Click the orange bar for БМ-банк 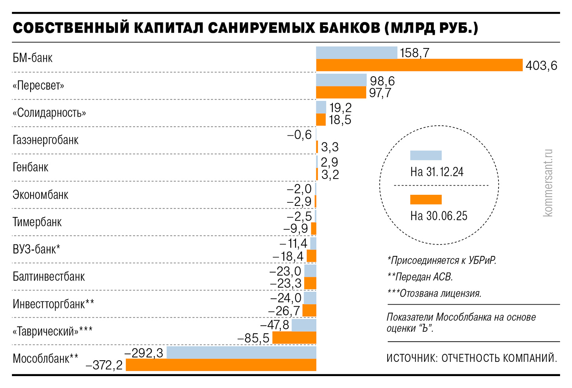pyautogui.click(x=419, y=65)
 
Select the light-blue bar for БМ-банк pyautogui.click(x=356, y=53)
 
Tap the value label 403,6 pyautogui.click(x=541, y=65)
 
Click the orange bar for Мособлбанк pyautogui.click(x=221, y=365)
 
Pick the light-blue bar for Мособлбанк pyautogui.click(x=241, y=353)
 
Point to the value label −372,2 pyautogui.click(x=104, y=365)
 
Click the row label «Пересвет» pyautogui.click(x=38, y=86)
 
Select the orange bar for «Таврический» pyautogui.click(x=294, y=338)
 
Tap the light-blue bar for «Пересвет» pyautogui.click(x=341, y=80)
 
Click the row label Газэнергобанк pyautogui.click(x=46, y=140)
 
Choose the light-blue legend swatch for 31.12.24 pyautogui.click(x=425, y=155)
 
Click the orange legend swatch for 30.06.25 pyautogui.click(x=425, y=199)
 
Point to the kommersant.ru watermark pyautogui.click(x=548, y=183)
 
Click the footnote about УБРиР pyautogui.click(x=442, y=261)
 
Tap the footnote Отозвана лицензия pyautogui.click(x=435, y=294)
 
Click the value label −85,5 pyautogui.click(x=253, y=338)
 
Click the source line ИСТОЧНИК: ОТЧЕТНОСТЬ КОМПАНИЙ pyautogui.click(x=472, y=358)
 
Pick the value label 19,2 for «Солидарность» pyautogui.click(x=340, y=108)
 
